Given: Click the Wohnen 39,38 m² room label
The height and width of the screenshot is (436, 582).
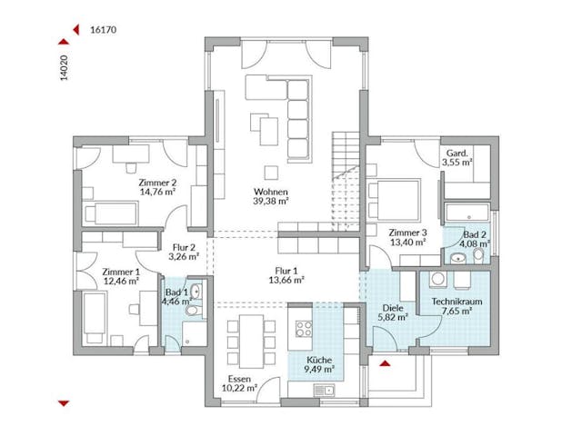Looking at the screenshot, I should (x=271, y=197).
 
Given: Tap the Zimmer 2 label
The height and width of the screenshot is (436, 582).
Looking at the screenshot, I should (x=157, y=186).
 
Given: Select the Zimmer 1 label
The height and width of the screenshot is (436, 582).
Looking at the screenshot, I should (x=121, y=276).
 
